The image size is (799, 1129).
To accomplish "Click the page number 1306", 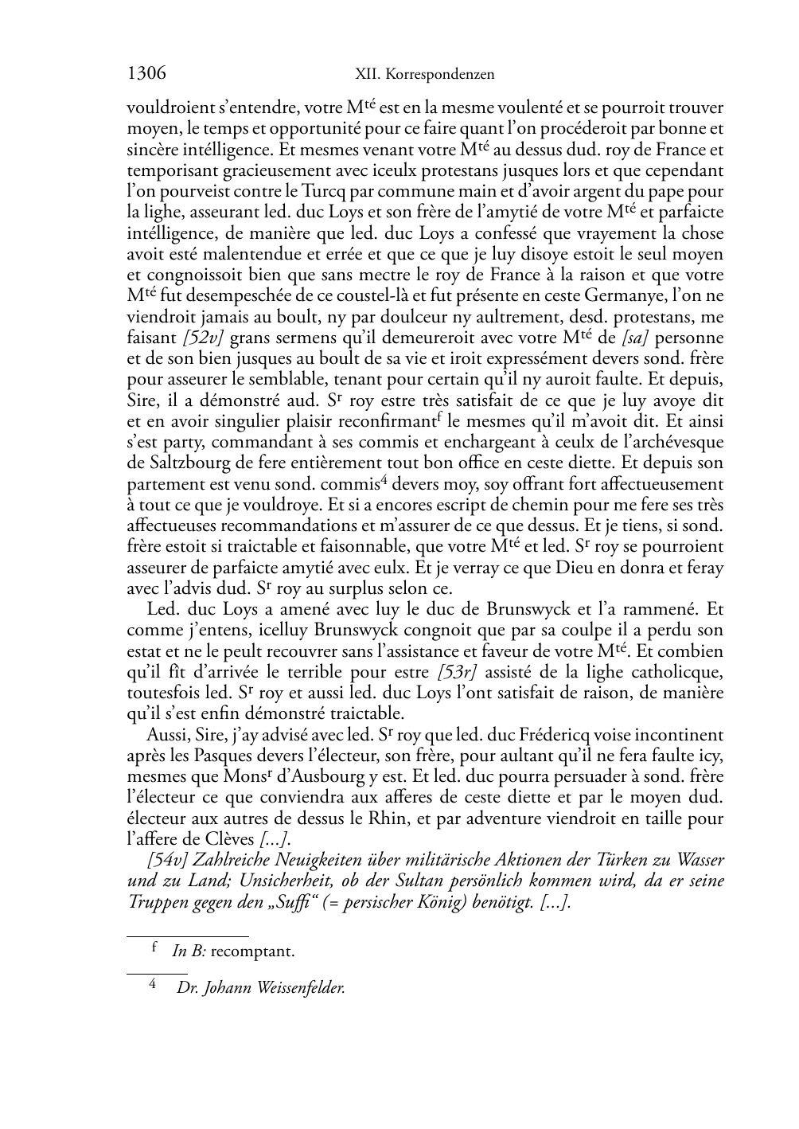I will click(146, 74).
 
